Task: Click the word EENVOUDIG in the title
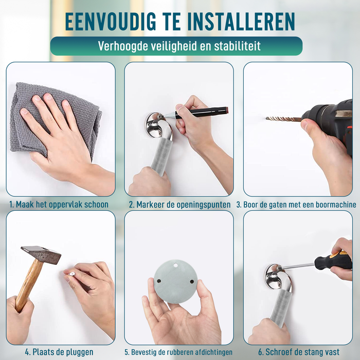pos(111,22)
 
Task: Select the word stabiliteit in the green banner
pos(238,46)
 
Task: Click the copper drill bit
pos(283,119)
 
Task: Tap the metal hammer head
pos(41,254)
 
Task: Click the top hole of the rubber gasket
pos(176,266)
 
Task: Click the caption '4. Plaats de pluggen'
pos(59,352)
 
